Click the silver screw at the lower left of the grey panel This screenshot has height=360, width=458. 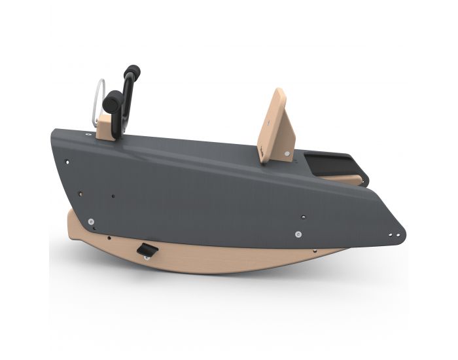point(92,221)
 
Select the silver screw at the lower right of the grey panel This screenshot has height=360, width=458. point(298,234)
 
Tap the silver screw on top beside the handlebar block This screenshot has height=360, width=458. point(88,134)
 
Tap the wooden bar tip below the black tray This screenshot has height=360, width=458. point(357,180)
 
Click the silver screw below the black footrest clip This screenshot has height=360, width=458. point(147,258)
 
